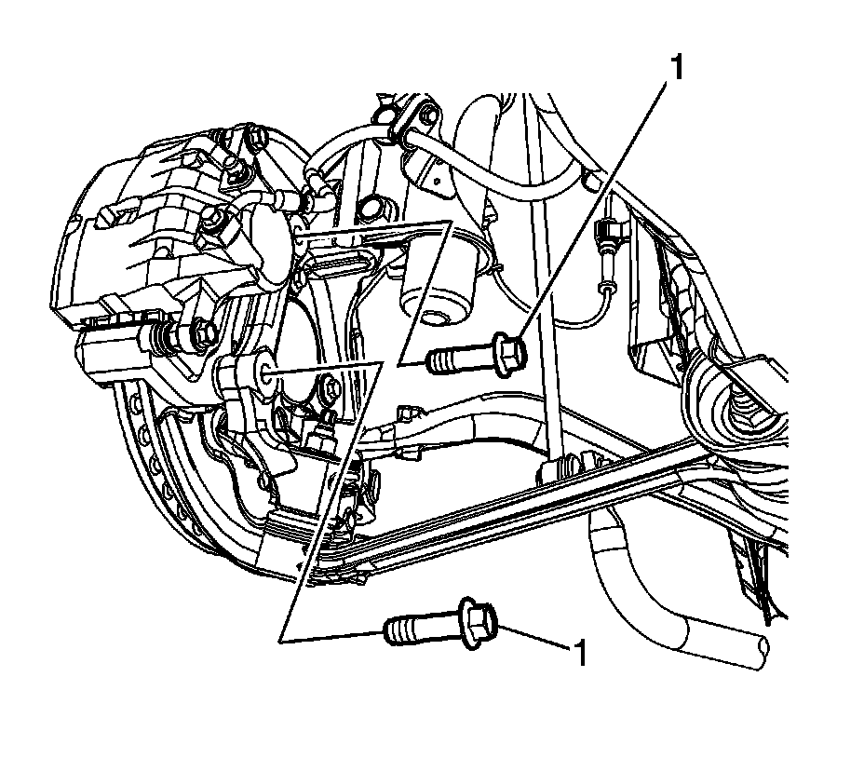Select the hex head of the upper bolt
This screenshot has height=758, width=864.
point(509,354)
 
